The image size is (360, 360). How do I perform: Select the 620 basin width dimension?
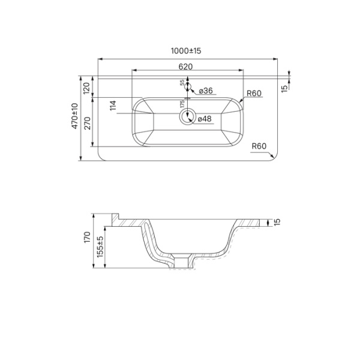point(185,66)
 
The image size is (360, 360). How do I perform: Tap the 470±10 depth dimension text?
point(74,116)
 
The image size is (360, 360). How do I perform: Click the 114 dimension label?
point(112,106)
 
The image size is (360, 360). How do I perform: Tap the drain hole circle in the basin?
point(188,116)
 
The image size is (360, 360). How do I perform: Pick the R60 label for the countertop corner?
point(259,146)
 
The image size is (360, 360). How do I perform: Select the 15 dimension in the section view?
point(277,222)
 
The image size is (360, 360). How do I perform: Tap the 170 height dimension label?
point(88,236)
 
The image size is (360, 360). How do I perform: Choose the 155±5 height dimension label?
point(100,247)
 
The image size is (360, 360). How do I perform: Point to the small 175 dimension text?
point(182,104)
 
